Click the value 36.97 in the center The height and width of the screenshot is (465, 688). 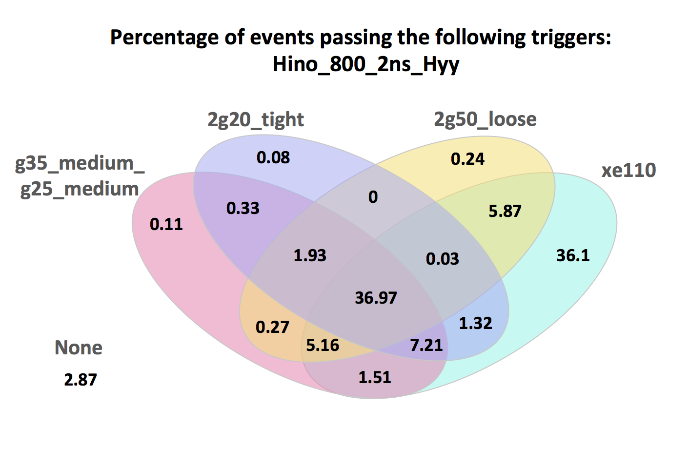(376, 297)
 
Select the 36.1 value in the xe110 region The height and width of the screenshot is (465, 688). (573, 255)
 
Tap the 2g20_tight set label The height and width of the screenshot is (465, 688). (256, 119)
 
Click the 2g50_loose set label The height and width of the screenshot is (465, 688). (485, 119)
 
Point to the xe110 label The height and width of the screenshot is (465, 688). (628, 170)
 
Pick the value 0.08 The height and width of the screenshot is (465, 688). (273, 157)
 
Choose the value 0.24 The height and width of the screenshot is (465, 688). (467, 158)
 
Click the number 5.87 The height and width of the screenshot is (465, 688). (505, 211)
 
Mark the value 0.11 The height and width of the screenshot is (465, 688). (166, 224)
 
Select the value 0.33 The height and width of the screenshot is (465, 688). (243, 208)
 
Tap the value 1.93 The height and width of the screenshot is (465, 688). (310, 255)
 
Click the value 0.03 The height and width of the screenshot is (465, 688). (443, 258)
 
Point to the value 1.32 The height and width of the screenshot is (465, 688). (475, 323)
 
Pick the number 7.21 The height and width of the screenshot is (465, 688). (426, 345)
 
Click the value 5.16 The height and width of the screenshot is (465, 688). (323, 345)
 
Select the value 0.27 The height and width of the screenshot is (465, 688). (272, 327)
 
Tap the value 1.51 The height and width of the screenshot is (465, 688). (375, 377)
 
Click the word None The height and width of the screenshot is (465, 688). (79, 348)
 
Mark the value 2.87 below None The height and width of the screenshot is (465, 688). (81, 379)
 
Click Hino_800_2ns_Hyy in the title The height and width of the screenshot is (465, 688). (366, 64)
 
